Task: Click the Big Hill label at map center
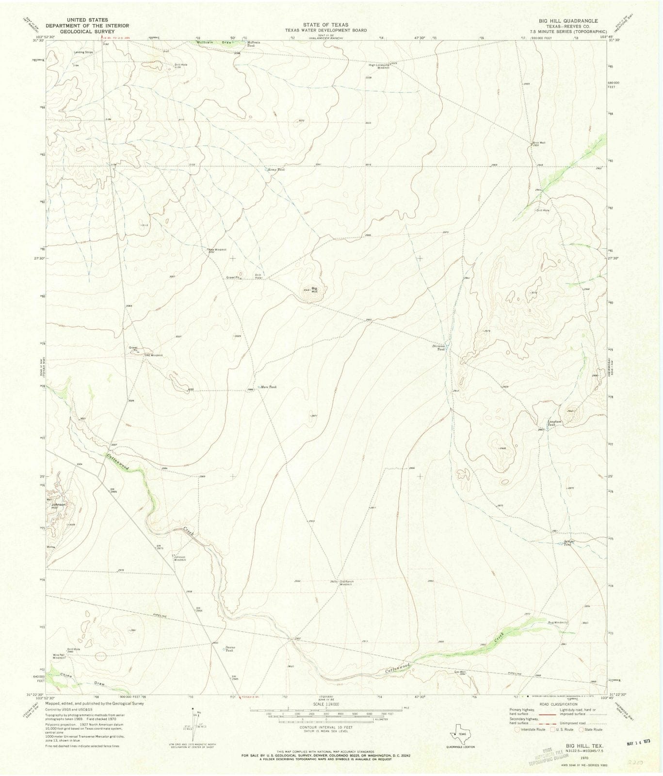coord(314,290)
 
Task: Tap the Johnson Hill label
coord(58,506)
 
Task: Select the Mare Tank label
coord(269,387)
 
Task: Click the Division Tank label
coord(439,347)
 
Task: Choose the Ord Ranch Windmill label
coord(346,583)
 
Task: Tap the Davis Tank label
coord(229,649)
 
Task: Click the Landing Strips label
coord(83,52)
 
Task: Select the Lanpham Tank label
coord(554,423)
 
